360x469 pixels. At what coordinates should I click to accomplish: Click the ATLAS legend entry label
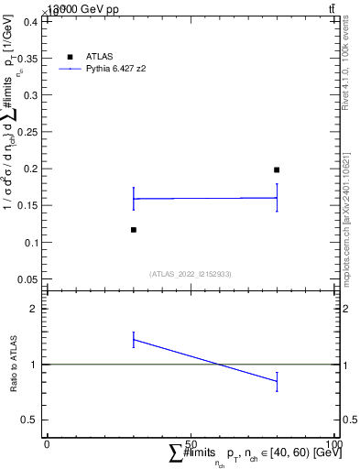coord(101,57)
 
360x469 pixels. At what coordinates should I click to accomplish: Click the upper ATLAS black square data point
coord(277,169)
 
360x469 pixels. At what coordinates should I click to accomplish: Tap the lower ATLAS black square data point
coord(134,230)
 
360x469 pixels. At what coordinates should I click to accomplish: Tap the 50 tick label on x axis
coord(191,443)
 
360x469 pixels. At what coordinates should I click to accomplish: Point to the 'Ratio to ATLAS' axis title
coord(14,364)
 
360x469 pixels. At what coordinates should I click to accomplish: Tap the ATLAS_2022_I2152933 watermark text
coord(191,273)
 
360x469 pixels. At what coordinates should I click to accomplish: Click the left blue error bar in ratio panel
coord(134,340)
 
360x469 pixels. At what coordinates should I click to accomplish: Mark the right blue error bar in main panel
coord(277,198)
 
